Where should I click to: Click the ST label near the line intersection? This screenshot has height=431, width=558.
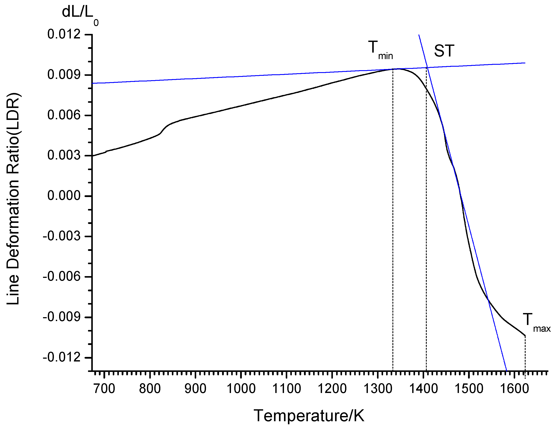click(444, 51)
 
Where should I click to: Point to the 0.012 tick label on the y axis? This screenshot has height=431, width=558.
click(64, 34)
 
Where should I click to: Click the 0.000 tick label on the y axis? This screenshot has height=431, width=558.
click(64, 196)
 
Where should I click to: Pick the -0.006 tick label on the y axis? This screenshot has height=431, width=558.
click(61, 277)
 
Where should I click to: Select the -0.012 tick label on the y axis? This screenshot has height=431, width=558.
click(61, 357)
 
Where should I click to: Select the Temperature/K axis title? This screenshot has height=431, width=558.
click(309, 416)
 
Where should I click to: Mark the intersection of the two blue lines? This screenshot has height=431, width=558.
click(427, 67)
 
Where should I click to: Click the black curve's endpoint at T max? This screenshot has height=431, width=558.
click(525, 336)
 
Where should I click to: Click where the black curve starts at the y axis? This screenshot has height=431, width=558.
click(93, 156)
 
